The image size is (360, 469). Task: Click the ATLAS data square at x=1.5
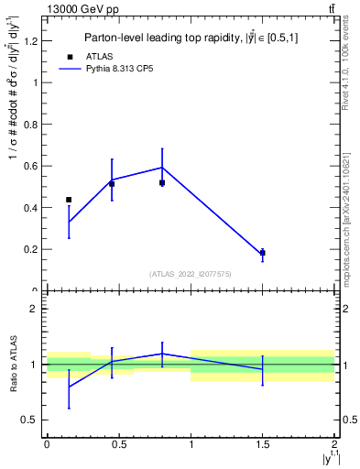point(263,253)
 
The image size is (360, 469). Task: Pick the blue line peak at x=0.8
point(162,167)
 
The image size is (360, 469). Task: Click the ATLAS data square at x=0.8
point(162,182)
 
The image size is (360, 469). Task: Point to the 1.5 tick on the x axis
point(263,444)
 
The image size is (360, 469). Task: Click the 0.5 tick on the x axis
point(119,444)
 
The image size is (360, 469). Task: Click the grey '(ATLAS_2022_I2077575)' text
point(191,274)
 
